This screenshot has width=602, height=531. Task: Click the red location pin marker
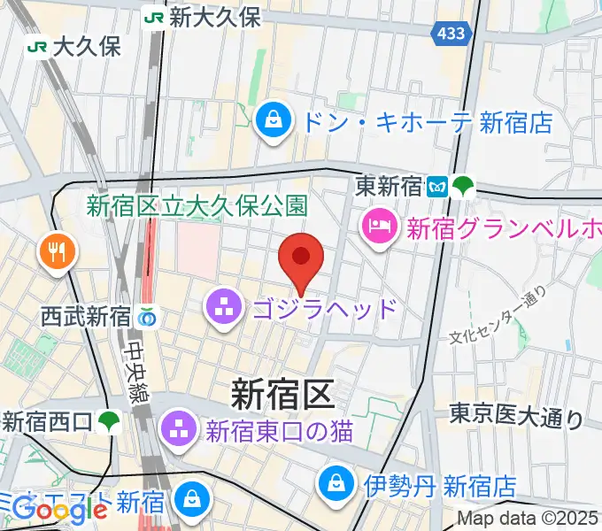pos(301,258)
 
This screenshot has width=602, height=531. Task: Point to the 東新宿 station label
pos(390,187)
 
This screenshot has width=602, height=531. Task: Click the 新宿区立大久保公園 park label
pos(197,206)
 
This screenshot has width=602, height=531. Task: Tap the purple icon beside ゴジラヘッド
pos(221,309)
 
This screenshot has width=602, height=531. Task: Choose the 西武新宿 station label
pos(84,315)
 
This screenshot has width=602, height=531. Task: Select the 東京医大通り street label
pos(515,416)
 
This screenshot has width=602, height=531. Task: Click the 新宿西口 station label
pos(48,421)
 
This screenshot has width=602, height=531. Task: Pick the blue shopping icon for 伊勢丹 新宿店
pos(337,484)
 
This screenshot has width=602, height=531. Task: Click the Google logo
pos(60,509)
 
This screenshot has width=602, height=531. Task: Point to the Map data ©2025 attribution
pos(529,519)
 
